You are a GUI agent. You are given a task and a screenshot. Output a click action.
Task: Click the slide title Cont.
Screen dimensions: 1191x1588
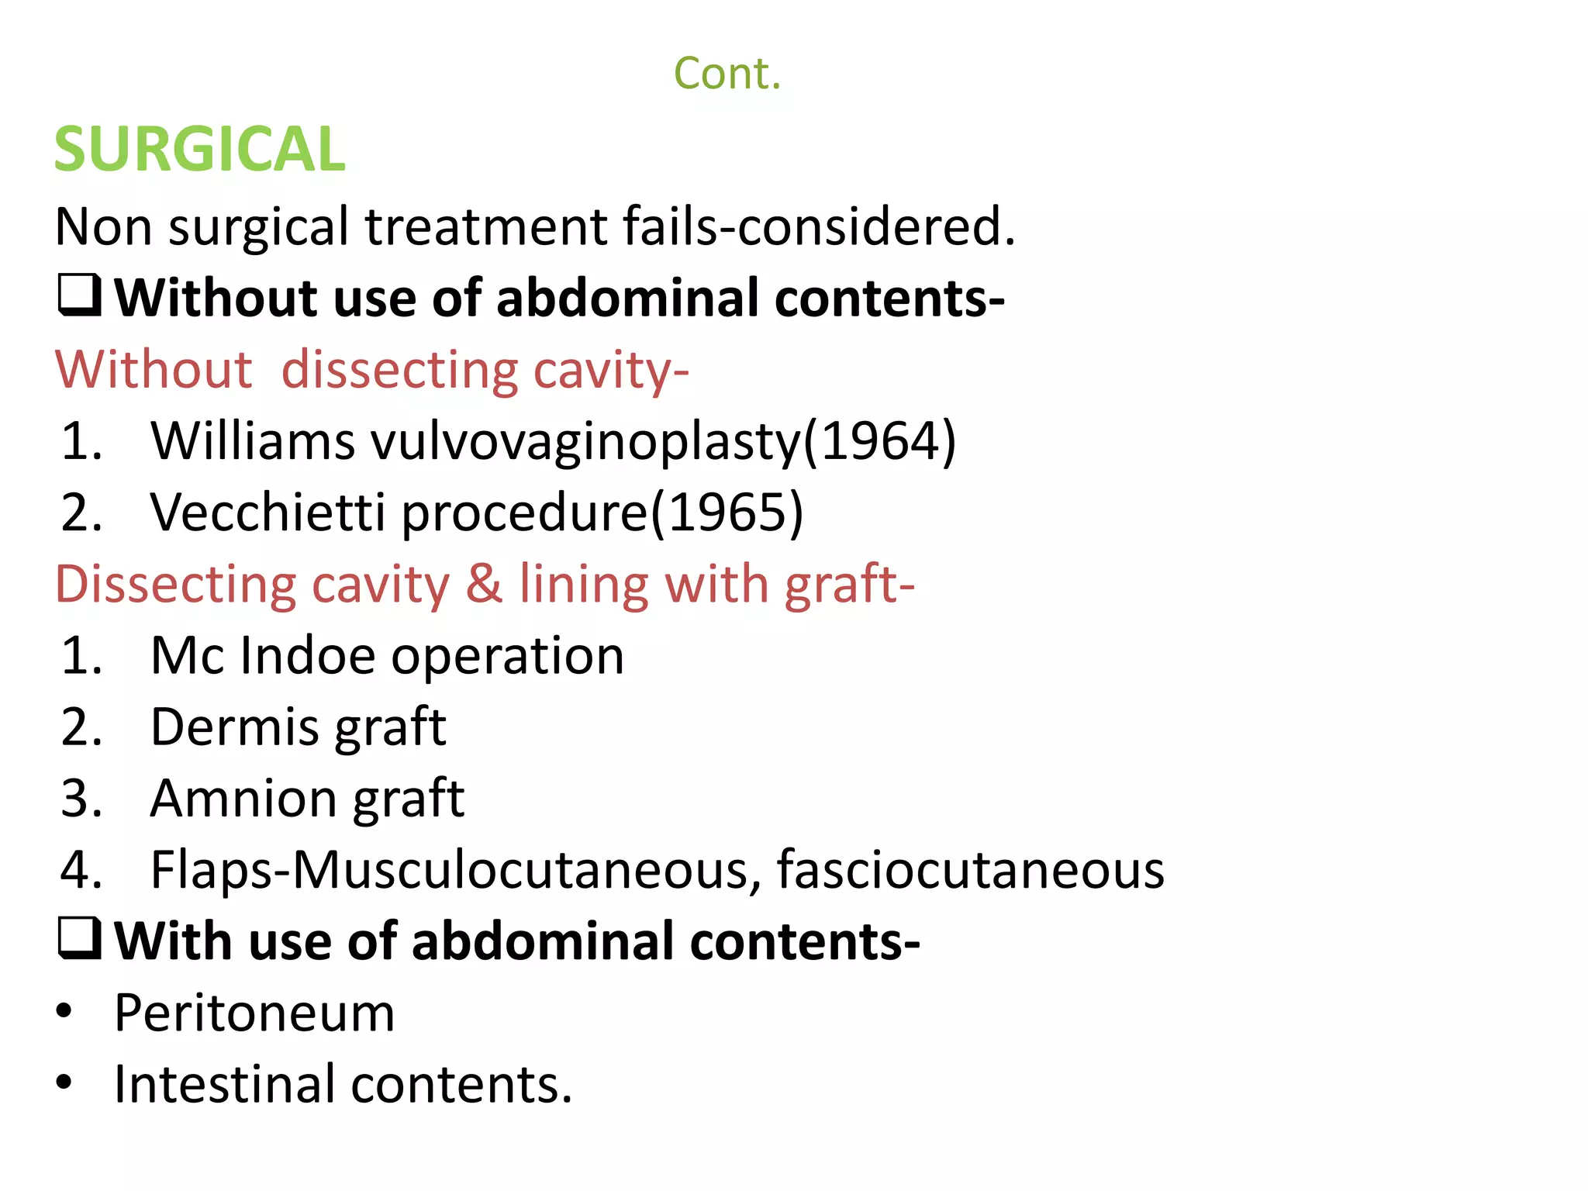(x=727, y=74)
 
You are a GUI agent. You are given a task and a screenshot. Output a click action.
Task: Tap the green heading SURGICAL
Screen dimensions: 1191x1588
(x=199, y=149)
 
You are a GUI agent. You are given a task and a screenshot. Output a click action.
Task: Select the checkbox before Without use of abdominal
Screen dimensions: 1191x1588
(x=80, y=296)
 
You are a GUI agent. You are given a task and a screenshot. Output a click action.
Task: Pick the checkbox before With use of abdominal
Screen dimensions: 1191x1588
(x=80, y=939)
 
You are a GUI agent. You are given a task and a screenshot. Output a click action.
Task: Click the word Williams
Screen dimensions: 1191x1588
(x=253, y=441)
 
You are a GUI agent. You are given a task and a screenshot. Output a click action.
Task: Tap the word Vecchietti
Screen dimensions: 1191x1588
(x=268, y=513)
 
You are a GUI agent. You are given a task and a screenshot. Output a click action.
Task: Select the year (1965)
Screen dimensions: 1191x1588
(x=727, y=513)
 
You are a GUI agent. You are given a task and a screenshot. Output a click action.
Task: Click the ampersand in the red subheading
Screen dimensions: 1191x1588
(x=484, y=584)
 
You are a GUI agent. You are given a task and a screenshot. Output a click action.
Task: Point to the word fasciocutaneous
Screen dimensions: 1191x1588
(x=970, y=870)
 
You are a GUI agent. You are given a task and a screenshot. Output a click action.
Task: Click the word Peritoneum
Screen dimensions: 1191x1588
(x=254, y=1013)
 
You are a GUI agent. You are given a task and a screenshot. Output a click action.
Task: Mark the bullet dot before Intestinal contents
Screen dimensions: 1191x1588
(x=64, y=1082)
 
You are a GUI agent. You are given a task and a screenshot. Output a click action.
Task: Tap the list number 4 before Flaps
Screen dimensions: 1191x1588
(x=80, y=870)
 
